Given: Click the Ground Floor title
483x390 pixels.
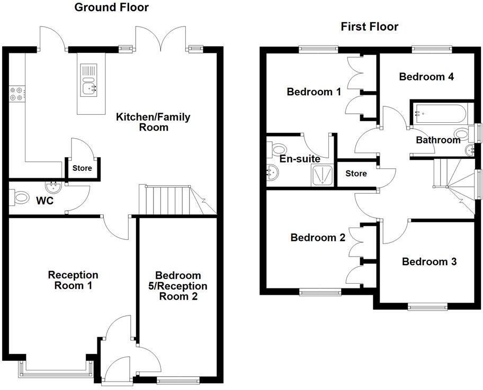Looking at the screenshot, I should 111,7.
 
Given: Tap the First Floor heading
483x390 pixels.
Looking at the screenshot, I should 369,26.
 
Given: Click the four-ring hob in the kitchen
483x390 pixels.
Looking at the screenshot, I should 16,94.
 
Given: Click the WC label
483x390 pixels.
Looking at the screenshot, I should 45,202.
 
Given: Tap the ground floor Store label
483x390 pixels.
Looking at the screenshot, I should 82,168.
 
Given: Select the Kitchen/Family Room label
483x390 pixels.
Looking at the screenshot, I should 153,122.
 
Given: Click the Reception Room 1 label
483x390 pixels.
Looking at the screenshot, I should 73,280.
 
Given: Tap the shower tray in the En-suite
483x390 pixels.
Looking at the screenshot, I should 322,174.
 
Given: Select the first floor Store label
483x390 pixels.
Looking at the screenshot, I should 356,174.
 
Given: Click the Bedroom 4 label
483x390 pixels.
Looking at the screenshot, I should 426,77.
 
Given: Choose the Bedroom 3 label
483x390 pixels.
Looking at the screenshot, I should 429,262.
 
